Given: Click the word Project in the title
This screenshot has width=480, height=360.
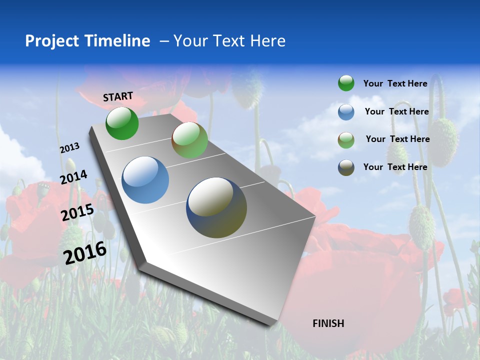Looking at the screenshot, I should pyautogui.click(x=51, y=41).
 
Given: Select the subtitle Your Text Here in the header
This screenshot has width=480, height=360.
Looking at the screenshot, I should pyautogui.click(x=229, y=41).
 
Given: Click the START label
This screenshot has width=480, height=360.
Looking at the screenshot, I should pyautogui.click(x=118, y=96).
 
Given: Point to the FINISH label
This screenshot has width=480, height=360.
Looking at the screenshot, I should pyautogui.click(x=328, y=323).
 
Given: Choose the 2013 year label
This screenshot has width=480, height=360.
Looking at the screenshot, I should pyautogui.click(x=69, y=148).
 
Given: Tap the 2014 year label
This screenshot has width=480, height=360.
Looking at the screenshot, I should pyautogui.click(x=74, y=177).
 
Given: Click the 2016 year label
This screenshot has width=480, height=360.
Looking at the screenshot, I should pyautogui.click(x=85, y=252).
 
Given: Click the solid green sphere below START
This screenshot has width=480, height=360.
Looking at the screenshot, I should pyautogui.click(x=122, y=123).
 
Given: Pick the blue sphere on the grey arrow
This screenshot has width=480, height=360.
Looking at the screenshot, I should pyautogui.click(x=145, y=180).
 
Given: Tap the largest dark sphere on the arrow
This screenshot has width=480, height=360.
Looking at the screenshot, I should pyautogui.click(x=216, y=207).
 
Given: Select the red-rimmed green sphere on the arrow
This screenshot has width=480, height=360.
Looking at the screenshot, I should pyautogui.click(x=189, y=140).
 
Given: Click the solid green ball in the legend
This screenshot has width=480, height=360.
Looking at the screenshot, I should pyautogui.click(x=346, y=83).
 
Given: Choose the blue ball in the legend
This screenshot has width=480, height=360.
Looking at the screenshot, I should pyautogui.click(x=346, y=112).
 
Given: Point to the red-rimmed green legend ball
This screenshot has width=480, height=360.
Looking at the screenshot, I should pyautogui.click(x=346, y=140).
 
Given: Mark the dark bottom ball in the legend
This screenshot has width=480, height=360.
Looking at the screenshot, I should pyautogui.click(x=346, y=167).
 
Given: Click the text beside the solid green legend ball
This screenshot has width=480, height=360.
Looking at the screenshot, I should pyautogui.click(x=395, y=83).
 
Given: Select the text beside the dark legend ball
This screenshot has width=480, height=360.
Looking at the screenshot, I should pyautogui.click(x=395, y=167).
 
